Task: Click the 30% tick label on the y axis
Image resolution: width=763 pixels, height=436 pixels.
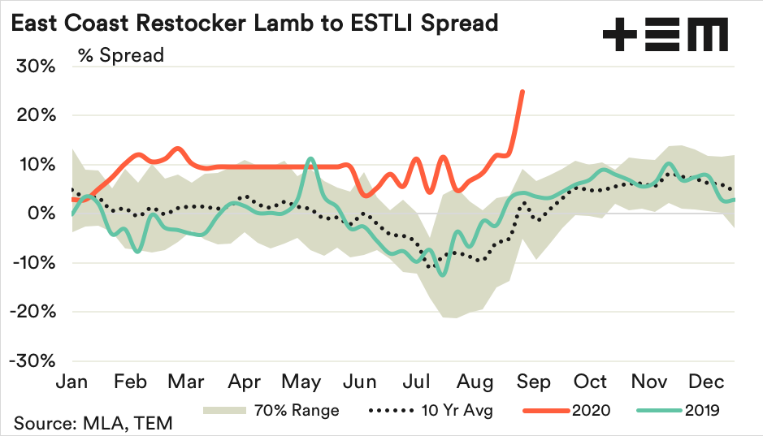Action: (36, 67)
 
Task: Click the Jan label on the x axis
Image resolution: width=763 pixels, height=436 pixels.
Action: (72, 382)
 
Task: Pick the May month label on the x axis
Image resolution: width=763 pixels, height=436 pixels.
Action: (302, 382)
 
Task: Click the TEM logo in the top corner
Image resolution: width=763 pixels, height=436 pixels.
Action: (665, 37)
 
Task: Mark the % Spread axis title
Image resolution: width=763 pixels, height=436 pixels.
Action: (121, 55)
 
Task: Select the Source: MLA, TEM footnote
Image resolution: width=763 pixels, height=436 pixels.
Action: (93, 423)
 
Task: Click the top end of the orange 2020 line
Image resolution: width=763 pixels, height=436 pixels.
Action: (522, 91)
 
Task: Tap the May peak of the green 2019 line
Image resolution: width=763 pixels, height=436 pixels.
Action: (310, 159)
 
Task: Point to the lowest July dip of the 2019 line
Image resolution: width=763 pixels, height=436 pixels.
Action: (442, 274)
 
